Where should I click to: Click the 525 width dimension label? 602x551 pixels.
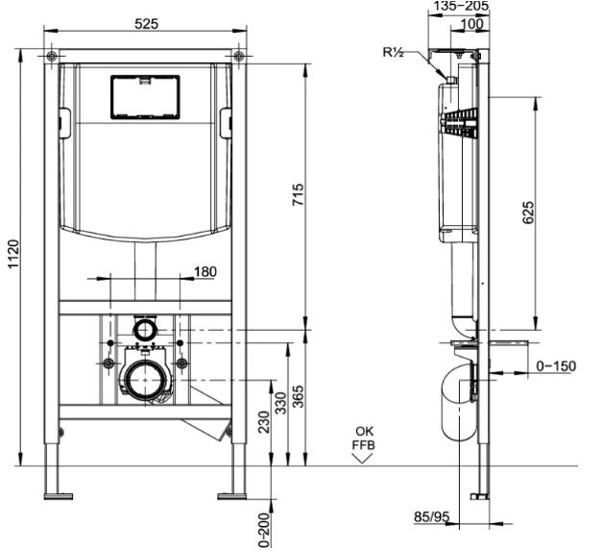point(146,24)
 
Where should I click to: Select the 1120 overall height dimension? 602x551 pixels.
point(13,254)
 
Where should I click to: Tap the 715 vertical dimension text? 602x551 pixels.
point(299,194)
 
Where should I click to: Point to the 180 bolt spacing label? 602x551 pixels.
point(205,271)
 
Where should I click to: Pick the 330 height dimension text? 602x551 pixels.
point(282,403)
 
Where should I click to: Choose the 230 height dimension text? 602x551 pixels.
point(264,422)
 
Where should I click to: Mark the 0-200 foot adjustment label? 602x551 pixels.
point(264,529)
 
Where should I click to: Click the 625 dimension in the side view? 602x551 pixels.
point(528,212)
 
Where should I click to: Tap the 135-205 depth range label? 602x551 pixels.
point(460,6)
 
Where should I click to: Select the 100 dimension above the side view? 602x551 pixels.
point(471,24)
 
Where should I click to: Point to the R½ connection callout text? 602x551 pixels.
point(393,52)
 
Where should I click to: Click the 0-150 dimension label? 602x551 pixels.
point(556,366)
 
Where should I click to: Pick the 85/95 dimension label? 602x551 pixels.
point(431,517)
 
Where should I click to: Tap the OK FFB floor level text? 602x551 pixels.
point(363,438)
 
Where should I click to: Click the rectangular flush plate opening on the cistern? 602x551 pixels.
point(145,97)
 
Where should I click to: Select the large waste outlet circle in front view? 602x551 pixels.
point(145,380)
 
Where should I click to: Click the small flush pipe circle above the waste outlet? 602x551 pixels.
point(145,330)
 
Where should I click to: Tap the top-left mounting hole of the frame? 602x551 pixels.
point(52,57)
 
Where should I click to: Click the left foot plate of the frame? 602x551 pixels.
point(59,496)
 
